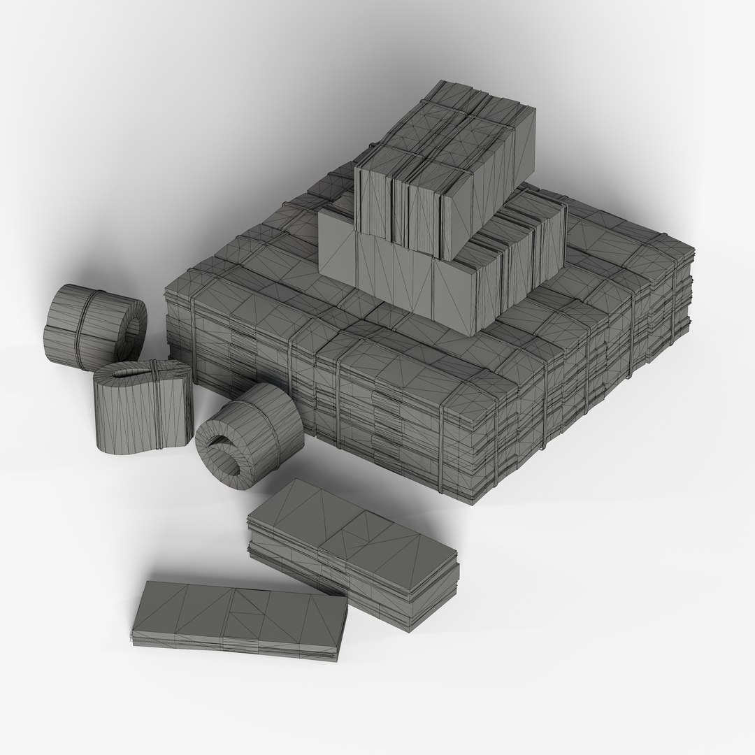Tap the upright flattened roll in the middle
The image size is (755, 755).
coord(143,405)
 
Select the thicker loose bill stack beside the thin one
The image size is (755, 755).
coord(353,545)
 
